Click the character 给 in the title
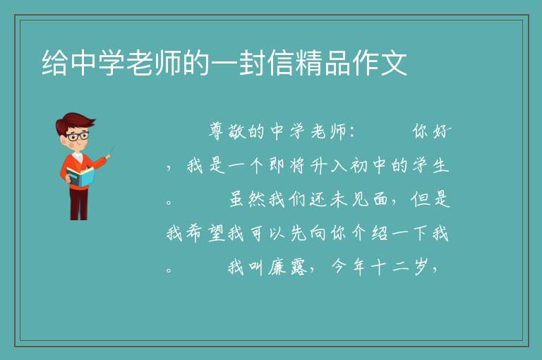pyautogui.click(x=54, y=63)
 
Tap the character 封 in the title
pyautogui.click(x=253, y=63)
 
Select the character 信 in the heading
pyautogui.click(x=281, y=63)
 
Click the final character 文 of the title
pyautogui.click(x=394, y=63)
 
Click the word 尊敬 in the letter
pyautogui.click(x=227, y=131)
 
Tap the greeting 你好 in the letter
pyautogui.click(x=432, y=131)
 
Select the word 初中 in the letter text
pyautogui.click(x=369, y=165)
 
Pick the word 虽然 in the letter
pyautogui.click(x=247, y=199)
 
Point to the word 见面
pyautogui.click(x=369, y=199)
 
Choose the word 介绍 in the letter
pyautogui.click(x=369, y=233)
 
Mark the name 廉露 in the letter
pyautogui.click(x=288, y=267)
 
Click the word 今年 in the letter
pyautogui.click(x=349, y=267)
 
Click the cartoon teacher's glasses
pyautogui.click(x=78, y=136)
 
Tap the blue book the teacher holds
pyautogui.click(x=80, y=176)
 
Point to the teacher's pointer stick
pyautogui.click(x=112, y=151)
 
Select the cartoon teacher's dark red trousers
pyautogui.click(x=78, y=203)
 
